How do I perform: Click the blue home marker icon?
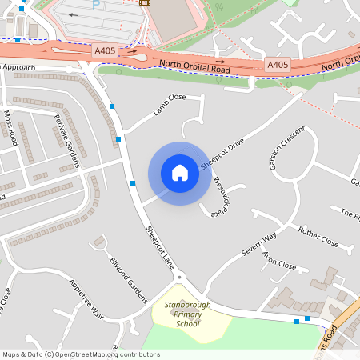pyautogui.click(x=180, y=173)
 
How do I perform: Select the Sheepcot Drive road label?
pyautogui.click(x=222, y=152)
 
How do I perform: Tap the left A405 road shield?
pyautogui.click(x=104, y=50)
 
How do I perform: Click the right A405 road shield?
pyautogui.click(x=278, y=64)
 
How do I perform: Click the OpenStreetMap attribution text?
pyautogui.click(x=80, y=354)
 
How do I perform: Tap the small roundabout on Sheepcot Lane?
pyautogui.click(x=179, y=277)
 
